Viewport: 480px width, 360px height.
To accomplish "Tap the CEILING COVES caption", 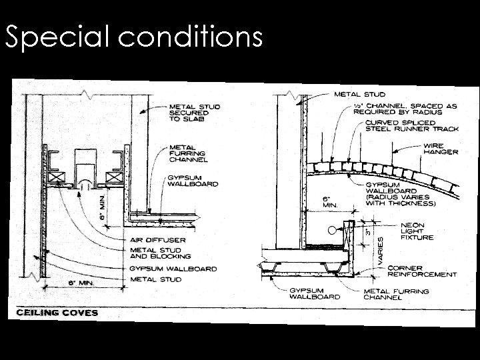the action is pyautogui.click(x=57, y=313).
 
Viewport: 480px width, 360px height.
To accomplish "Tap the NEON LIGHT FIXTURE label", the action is pyautogui.click(x=417, y=231).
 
